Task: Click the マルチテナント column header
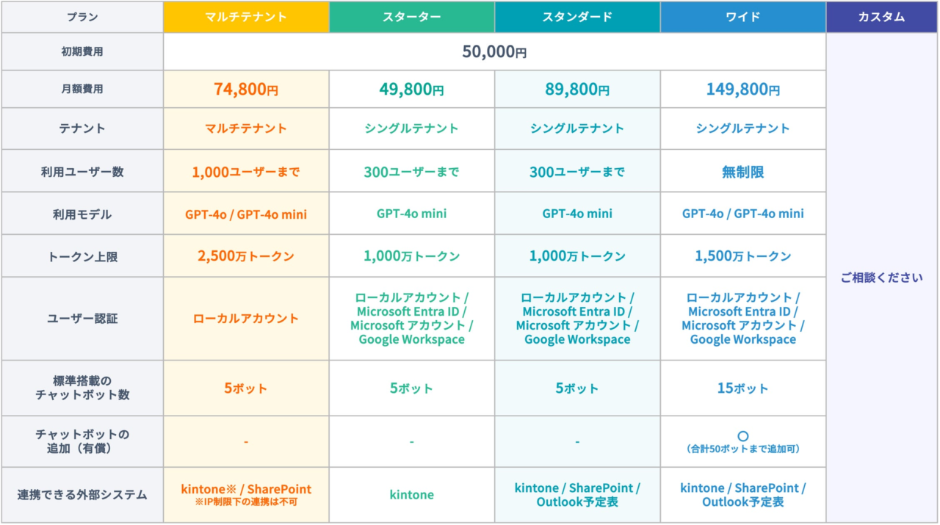point(246,17)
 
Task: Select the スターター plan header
point(412,17)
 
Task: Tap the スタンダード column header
point(577,17)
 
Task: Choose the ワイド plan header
point(742,17)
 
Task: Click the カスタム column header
point(882,17)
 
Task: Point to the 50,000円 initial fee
point(494,51)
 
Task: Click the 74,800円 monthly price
point(246,89)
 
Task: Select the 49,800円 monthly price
point(412,89)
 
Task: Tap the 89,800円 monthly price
point(577,89)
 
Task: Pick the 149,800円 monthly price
point(742,89)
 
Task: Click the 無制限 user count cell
point(742,172)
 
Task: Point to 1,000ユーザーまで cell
point(246,172)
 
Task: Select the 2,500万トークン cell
point(246,256)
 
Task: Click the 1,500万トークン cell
point(742,256)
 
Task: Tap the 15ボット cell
point(742,388)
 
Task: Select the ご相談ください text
point(882,278)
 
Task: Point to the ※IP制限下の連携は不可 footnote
point(246,502)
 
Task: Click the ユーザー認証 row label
point(82,319)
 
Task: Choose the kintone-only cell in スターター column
point(412,494)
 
